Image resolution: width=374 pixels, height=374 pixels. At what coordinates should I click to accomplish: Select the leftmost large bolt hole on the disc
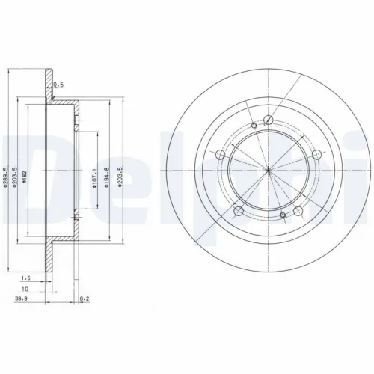tap(219, 155)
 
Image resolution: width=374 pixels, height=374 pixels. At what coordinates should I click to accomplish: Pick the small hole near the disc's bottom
tap(283, 217)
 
